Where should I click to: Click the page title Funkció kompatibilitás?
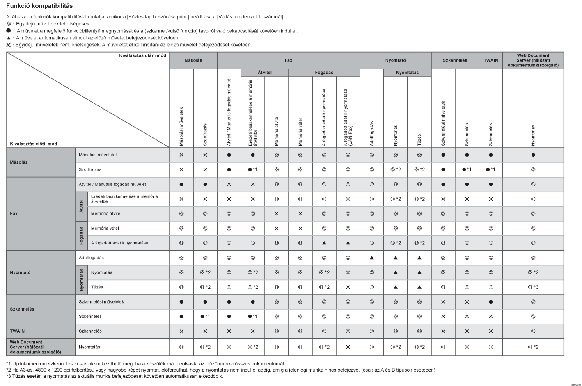[39, 6]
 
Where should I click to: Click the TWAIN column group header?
[490, 60]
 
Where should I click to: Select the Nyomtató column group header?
[395, 60]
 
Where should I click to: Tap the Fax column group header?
[288, 60]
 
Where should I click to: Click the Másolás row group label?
[19, 162]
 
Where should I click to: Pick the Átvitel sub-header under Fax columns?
[264, 73]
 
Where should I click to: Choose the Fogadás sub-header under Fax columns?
[324, 73]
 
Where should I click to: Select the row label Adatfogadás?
[91, 258]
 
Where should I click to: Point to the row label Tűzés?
[97, 287]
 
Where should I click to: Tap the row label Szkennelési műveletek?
[101, 302]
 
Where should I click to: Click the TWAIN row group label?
[17, 331]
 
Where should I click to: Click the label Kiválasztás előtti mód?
[34, 144]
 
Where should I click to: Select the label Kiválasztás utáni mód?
[142, 55]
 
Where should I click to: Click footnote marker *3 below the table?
[9, 376]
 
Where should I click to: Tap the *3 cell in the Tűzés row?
[533, 287]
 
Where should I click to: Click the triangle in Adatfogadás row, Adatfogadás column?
[371, 258]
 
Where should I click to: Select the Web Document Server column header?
[533, 60]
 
